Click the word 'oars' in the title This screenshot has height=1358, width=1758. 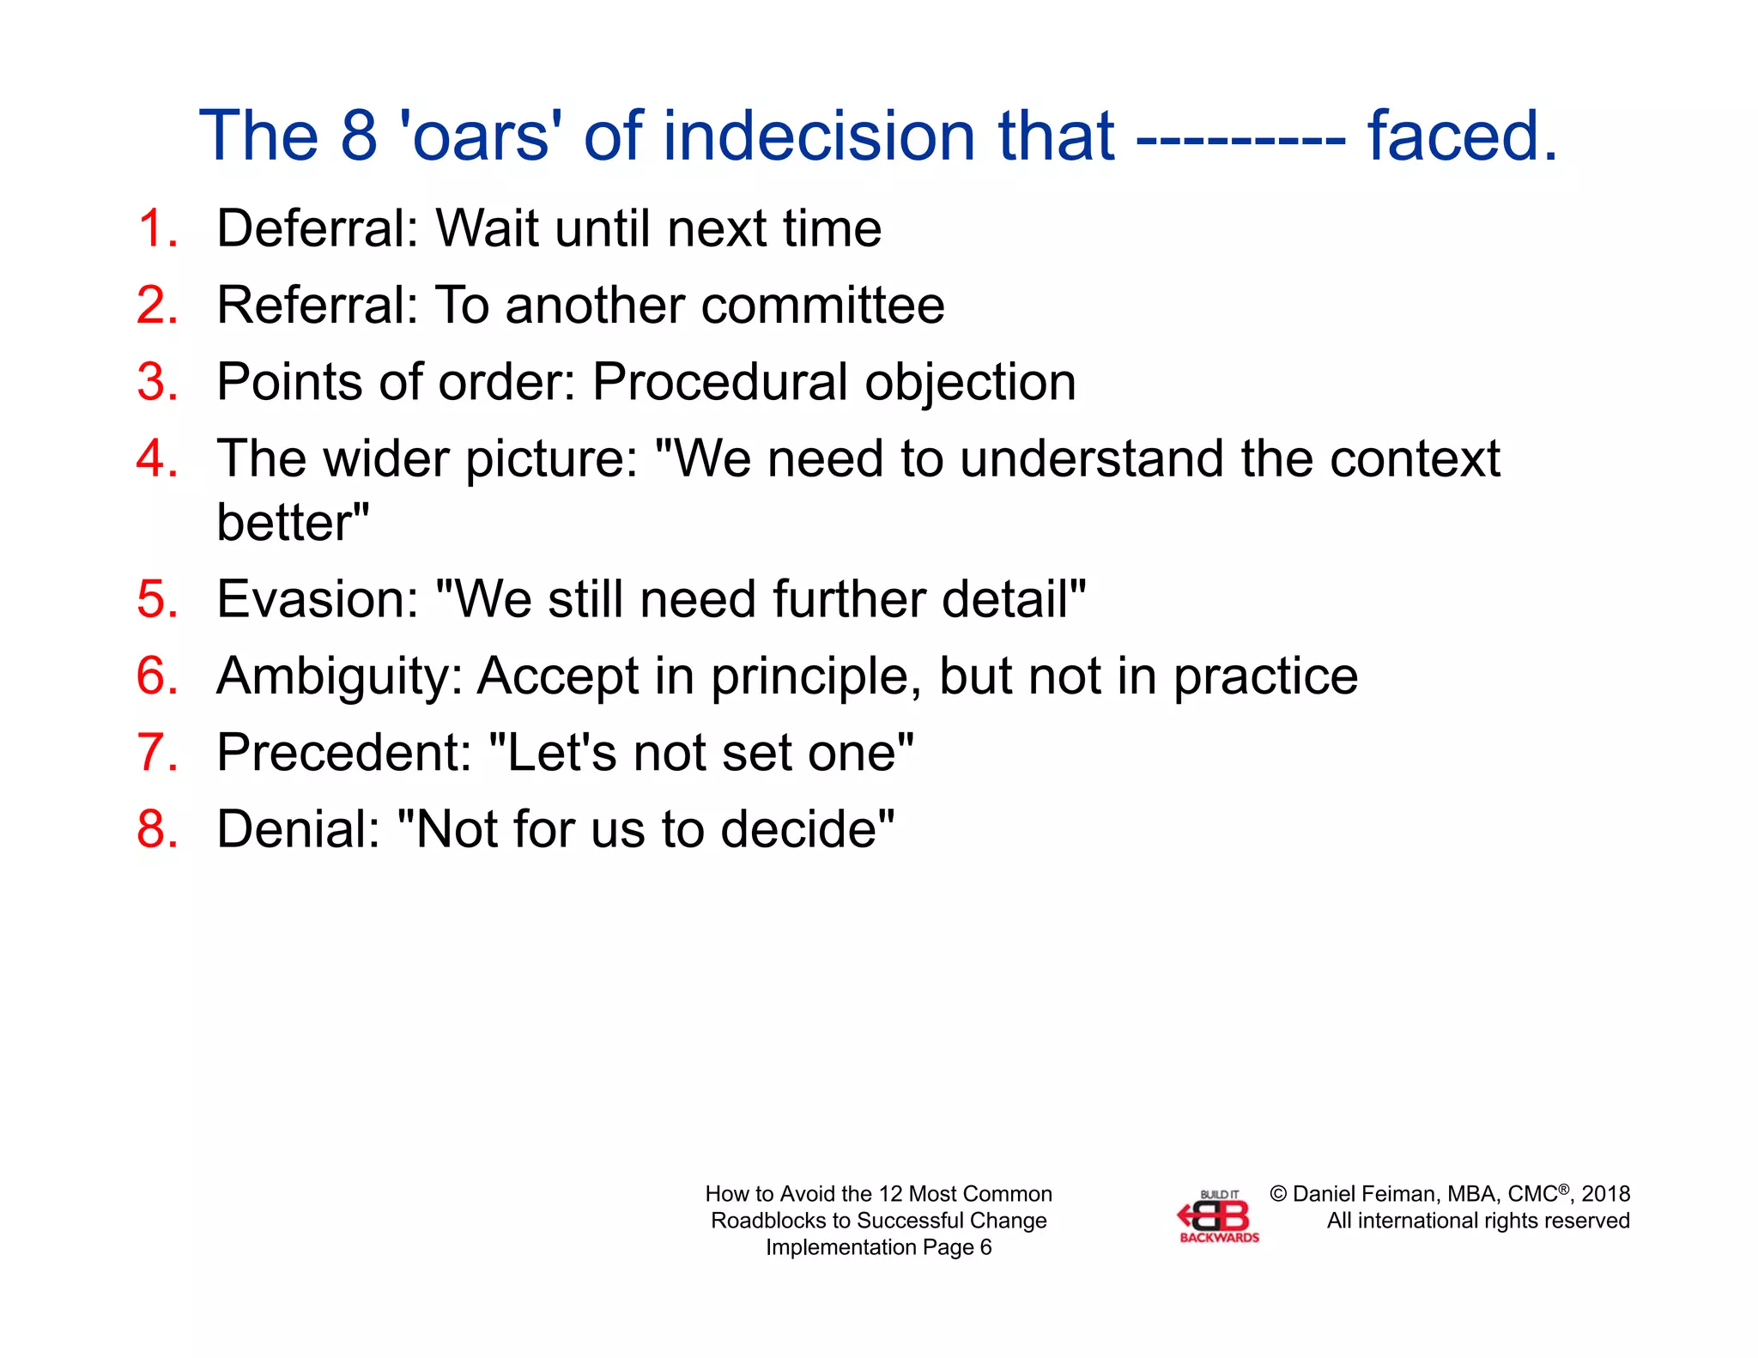pos(481,136)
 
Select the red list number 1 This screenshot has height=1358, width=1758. pos(157,229)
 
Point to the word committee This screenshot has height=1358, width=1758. pos(822,306)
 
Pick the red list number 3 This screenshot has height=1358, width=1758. pos(157,382)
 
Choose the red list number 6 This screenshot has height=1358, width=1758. pos(157,676)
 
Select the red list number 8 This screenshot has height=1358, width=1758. pos(157,829)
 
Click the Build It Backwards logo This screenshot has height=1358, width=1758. pos(1217,1217)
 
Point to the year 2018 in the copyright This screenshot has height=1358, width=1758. pos(1605,1194)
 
